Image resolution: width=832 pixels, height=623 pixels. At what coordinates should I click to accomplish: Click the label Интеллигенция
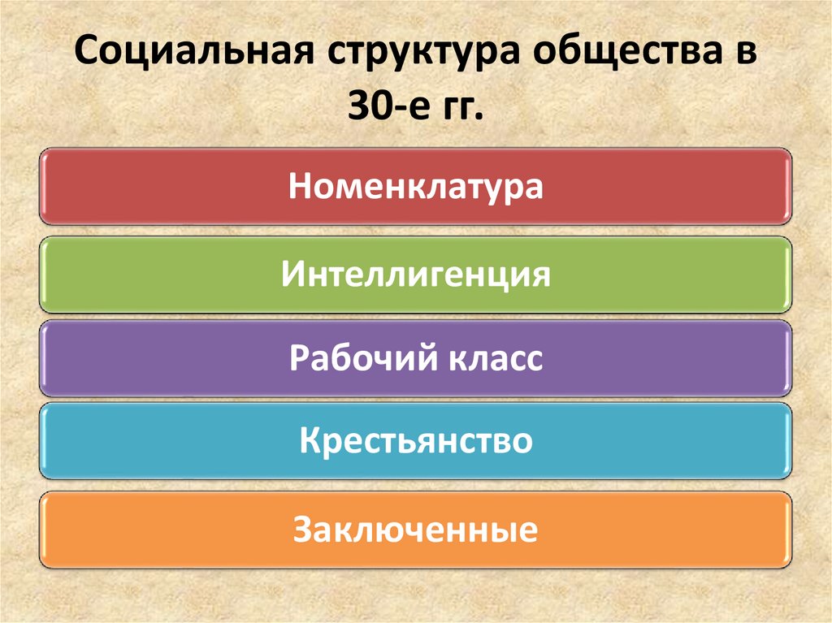(x=416, y=275)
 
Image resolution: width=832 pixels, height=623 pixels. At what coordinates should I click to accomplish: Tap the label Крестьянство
(x=416, y=442)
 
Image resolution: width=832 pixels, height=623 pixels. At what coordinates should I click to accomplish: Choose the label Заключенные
(x=416, y=530)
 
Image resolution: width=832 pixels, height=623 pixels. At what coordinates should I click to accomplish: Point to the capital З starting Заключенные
(x=302, y=530)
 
